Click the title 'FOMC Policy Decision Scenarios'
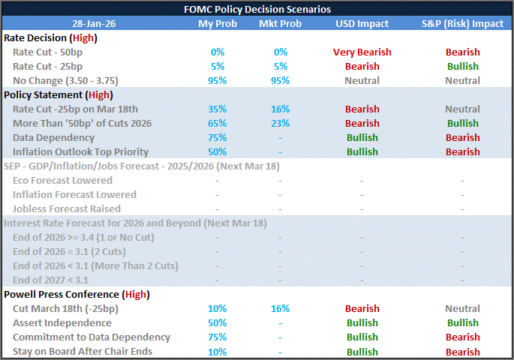click(x=257, y=9)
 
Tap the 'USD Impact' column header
click(x=362, y=23)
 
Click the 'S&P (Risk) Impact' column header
click(x=462, y=23)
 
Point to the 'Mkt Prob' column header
click(x=280, y=23)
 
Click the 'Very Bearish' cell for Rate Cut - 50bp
click(x=362, y=52)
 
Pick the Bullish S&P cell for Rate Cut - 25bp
click(x=462, y=66)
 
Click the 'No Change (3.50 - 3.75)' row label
click(x=65, y=80)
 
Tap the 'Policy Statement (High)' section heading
click(x=58, y=94)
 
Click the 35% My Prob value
click(x=217, y=109)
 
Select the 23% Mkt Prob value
click(x=280, y=123)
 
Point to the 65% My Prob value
click(x=217, y=123)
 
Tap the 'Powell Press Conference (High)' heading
click(x=72, y=294)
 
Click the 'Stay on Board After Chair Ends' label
click(x=82, y=351)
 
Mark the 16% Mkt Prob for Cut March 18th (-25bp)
click(x=280, y=308)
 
